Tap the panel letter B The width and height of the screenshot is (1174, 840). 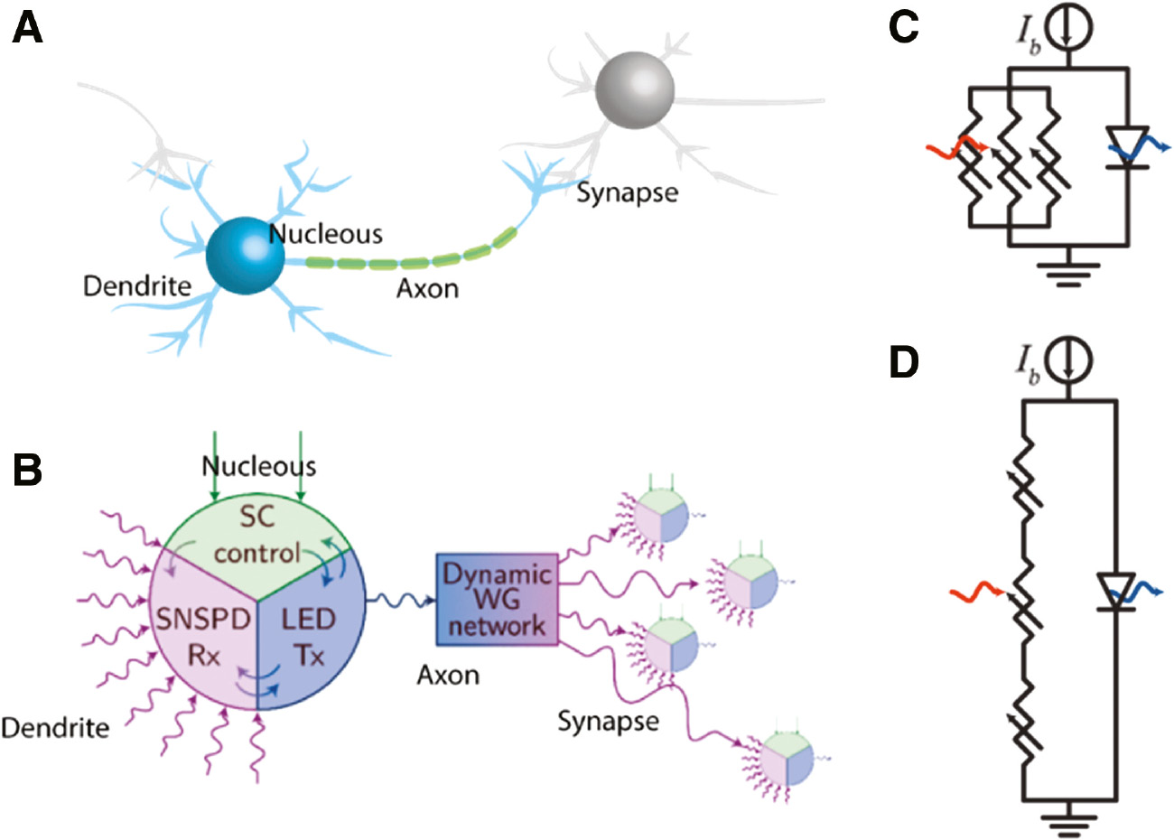coord(26,471)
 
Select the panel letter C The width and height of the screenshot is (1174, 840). coord(903,29)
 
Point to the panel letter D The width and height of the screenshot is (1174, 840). coord(904,361)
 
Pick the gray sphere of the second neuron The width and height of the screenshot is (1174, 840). coord(635,89)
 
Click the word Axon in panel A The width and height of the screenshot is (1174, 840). coord(427,289)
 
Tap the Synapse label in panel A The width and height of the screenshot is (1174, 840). coord(627,192)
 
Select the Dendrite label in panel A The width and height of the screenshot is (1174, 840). coord(137,286)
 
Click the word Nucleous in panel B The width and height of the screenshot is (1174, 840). coord(258,466)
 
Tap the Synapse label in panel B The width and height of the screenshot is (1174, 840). coord(608,721)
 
